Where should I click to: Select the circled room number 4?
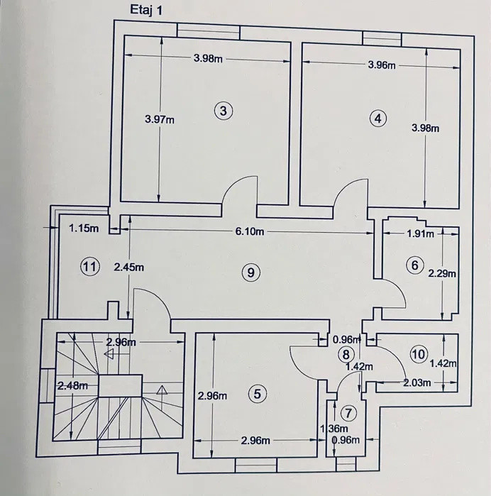(x=378, y=119)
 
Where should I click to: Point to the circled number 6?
(x=415, y=265)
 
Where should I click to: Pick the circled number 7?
(x=346, y=413)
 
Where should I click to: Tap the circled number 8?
(x=346, y=354)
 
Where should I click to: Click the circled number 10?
(x=419, y=353)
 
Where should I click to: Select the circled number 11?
(x=89, y=267)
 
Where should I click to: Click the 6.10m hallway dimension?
(x=250, y=232)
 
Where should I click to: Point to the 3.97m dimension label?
(x=159, y=120)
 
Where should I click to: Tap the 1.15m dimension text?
(x=84, y=228)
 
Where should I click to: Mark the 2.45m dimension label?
(x=129, y=268)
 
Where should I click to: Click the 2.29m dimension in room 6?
(x=442, y=272)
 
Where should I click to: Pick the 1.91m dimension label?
(x=421, y=233)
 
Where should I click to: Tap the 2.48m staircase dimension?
(x=72, y=385)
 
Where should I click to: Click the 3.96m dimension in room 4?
(x=382, y=65)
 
